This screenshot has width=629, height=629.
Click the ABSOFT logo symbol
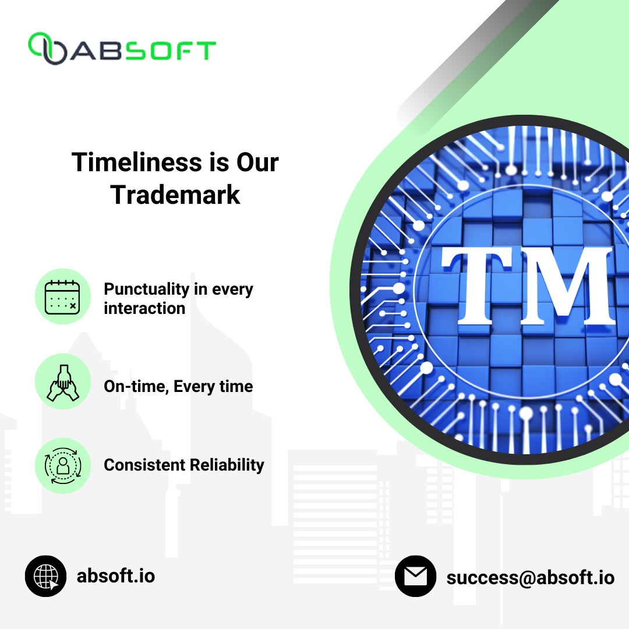48,48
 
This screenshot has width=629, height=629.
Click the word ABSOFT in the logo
143,50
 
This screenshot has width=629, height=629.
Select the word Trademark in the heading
175,195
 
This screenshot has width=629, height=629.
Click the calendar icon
63,296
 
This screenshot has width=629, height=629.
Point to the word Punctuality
146,289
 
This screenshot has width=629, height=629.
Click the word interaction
144,308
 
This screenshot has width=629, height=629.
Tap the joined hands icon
63,381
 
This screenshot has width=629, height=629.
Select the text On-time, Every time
178,386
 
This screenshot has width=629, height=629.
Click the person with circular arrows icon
63,465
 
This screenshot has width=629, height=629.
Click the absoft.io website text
116,576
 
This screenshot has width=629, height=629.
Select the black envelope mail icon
415,576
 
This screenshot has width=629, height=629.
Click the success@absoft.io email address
531,577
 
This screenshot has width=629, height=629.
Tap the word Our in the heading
257,162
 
